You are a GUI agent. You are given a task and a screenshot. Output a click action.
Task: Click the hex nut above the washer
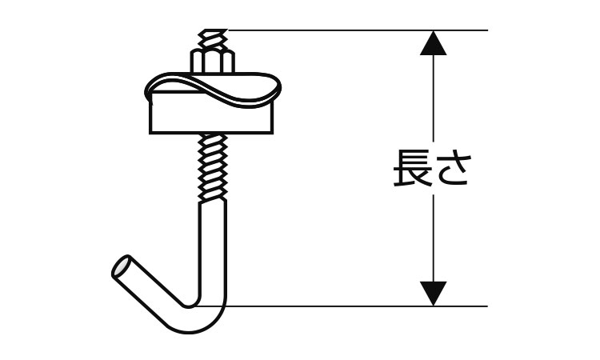(212, 61)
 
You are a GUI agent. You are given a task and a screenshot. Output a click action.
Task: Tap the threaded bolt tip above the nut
(213, 38)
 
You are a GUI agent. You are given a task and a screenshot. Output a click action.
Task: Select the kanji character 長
(411, 168)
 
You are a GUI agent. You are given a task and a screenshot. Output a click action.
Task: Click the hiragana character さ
(450, 168)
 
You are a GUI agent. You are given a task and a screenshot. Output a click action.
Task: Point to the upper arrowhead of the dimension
(433, 43)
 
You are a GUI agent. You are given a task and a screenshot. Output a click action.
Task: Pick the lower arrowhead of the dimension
(433, 294)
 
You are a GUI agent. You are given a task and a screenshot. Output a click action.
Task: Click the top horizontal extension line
(358, 30)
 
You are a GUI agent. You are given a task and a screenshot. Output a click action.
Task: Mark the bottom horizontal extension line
(342, 306)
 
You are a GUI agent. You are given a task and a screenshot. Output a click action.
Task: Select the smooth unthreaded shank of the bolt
(213, 249)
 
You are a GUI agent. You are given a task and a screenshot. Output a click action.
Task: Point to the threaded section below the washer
(213, 167)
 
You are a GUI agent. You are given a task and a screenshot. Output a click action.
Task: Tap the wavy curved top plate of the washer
(213, 89)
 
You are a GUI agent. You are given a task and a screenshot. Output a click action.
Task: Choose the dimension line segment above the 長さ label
(433, 98)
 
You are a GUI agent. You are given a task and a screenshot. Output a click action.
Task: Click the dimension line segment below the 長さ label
(433, 238)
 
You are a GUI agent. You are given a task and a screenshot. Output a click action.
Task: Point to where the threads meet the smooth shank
(213, 201)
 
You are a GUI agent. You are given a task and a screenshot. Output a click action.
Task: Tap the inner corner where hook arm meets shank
(190, 306)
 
